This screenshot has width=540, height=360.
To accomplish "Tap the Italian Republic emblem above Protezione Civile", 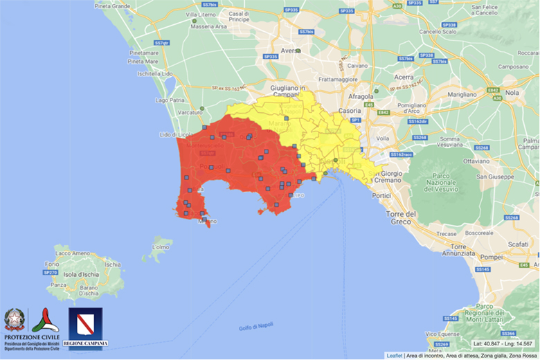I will (x=14, y=319).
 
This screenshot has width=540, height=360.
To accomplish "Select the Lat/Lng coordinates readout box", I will (x=503, y=343).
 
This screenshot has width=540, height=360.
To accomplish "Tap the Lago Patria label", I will (x=170, y=100).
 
